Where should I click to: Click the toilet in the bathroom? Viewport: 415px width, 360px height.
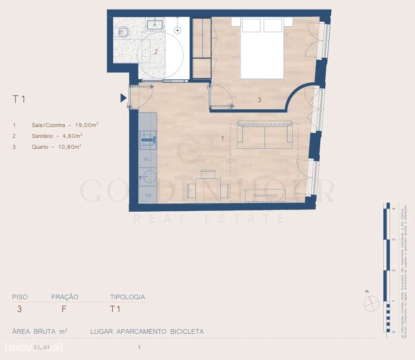pyautogui.click(x=122, y=32)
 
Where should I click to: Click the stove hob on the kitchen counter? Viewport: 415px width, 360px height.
pyautogui.click(x=148, y=139)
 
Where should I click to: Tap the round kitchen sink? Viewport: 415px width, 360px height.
pyautogui.click(x=148, y=177)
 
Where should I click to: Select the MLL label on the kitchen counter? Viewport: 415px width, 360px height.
pyautogui.click(x=148, y=159)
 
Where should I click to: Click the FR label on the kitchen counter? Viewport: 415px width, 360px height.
pyautogui.click(x=148, y=195)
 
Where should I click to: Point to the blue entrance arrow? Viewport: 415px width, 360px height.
pyautogui.click(x=123, y=98)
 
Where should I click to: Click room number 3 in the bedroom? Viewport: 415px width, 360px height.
pyautogui.click(x=259, y=100)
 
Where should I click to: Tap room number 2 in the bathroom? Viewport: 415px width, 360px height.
pyautogui.click(x=156, y=52)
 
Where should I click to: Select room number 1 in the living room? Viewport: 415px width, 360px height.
pyautogui.click(x=222, y=139)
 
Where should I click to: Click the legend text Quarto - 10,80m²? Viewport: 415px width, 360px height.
pyautogui.click(x=57, y=146)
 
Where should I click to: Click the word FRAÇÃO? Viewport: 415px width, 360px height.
pyautogui.click(x=65, y=297)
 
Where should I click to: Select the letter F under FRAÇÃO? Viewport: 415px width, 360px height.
pyautogui.click(x=64, y=310)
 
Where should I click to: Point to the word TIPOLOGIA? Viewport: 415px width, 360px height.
pyautogui.click(x=128, y=297)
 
